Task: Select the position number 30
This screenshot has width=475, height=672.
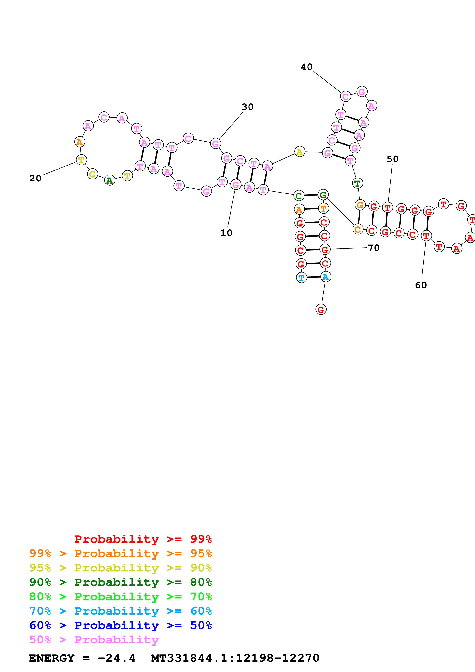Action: (247, 107)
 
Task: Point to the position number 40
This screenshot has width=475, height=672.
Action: (306, 67)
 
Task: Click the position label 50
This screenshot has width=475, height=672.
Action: (392, 159)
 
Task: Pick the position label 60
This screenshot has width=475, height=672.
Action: (421, 285)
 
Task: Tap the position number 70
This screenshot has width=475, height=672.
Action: (373, 248)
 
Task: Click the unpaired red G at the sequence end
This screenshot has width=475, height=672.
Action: (321, 309)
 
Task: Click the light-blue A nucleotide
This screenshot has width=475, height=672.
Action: (325, 277)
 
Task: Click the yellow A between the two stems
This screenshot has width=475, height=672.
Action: (299, 152)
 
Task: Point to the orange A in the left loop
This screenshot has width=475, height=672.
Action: (80, 142)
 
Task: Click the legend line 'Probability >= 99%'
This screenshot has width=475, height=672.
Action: (143, 539)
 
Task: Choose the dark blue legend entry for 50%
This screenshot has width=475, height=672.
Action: (120, 625)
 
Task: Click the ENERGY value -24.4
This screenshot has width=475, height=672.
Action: (116, 658)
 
